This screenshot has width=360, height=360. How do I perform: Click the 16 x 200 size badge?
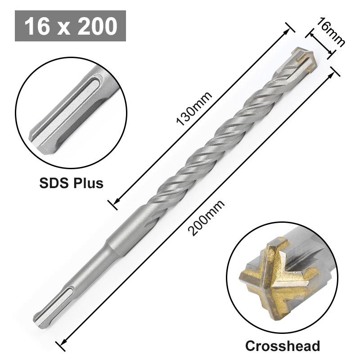pos(70,26)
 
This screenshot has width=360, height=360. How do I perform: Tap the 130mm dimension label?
pos(194,110)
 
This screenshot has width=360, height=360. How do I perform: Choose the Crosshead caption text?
pos(283,346)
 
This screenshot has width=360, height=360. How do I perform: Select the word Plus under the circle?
pos(88,183)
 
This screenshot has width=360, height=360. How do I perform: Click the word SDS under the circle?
pos(53,183)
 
